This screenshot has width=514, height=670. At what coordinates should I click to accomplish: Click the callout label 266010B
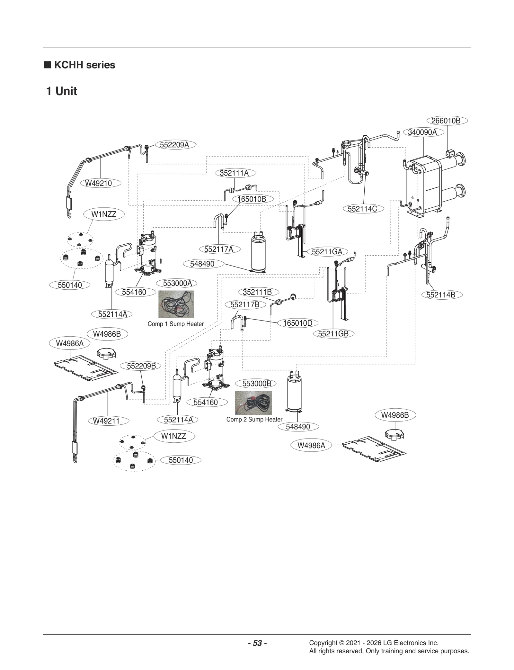click(447, 121)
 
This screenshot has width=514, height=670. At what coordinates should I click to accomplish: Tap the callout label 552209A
click(175, 145)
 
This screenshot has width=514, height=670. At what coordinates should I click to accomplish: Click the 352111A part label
click(235, 173)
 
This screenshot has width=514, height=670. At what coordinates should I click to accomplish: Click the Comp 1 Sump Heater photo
click(176, 304)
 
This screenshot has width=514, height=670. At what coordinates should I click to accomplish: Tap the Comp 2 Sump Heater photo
click(253, 403)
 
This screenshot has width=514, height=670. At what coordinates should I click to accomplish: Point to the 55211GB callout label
click(334, 334)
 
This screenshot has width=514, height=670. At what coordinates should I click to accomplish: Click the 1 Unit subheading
click(62, 91)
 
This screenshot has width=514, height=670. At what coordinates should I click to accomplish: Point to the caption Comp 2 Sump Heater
click(254, 419)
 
